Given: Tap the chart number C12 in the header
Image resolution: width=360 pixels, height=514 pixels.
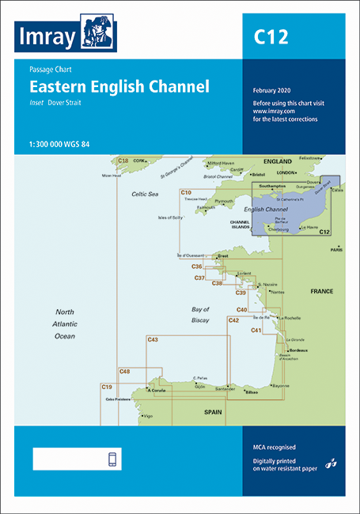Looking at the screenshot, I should [x=271, y=36].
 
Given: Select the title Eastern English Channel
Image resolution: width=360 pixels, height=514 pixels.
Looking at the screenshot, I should [x=119, y=87].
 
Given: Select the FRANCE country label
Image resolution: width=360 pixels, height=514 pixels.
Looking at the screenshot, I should [x=321, y=291].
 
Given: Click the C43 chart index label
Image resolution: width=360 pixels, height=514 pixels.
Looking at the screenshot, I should [x=153, y=340].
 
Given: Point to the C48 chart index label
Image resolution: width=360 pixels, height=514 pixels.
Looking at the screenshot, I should [x=124, y=371].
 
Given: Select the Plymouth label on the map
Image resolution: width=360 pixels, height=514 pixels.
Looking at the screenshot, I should [x=225, y=202].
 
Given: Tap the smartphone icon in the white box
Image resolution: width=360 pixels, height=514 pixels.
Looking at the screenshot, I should [x=112, y=460].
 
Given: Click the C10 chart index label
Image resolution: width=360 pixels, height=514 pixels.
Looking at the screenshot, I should [x=186, y=192].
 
